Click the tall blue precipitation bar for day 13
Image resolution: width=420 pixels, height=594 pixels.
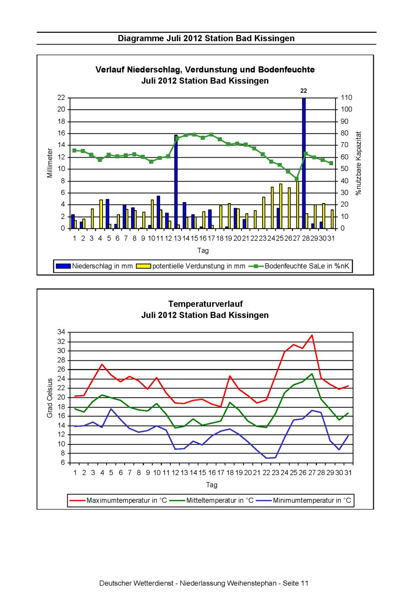click(176, 182)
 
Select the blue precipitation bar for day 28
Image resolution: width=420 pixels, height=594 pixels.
click(304, 163)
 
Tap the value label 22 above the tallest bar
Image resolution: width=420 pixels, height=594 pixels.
click(304, 91)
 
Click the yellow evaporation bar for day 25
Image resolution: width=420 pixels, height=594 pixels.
click(281, 206)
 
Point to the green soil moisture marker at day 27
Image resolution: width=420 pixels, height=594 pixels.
click(297, 179)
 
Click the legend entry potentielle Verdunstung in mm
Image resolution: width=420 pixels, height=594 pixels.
click(191, 266)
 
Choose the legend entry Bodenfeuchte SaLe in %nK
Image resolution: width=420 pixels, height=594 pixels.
click(299, 266)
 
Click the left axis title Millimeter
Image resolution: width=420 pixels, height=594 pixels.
click(50, 163)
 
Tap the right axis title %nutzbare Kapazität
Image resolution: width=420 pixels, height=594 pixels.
click(358, 164)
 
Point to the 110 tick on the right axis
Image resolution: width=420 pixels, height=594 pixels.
click(346, 98)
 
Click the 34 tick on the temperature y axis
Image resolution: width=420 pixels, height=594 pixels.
click(61, 332)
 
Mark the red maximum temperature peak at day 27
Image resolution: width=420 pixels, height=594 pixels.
click(312, 335)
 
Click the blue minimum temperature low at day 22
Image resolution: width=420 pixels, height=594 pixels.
click(266, 458)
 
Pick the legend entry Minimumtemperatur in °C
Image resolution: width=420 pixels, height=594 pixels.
click(304, 501)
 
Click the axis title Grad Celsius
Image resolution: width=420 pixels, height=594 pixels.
click(50, 398)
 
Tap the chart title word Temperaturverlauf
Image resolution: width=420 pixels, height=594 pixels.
click(205, 304)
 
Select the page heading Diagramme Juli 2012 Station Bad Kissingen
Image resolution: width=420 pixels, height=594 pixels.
click(206, 38)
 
